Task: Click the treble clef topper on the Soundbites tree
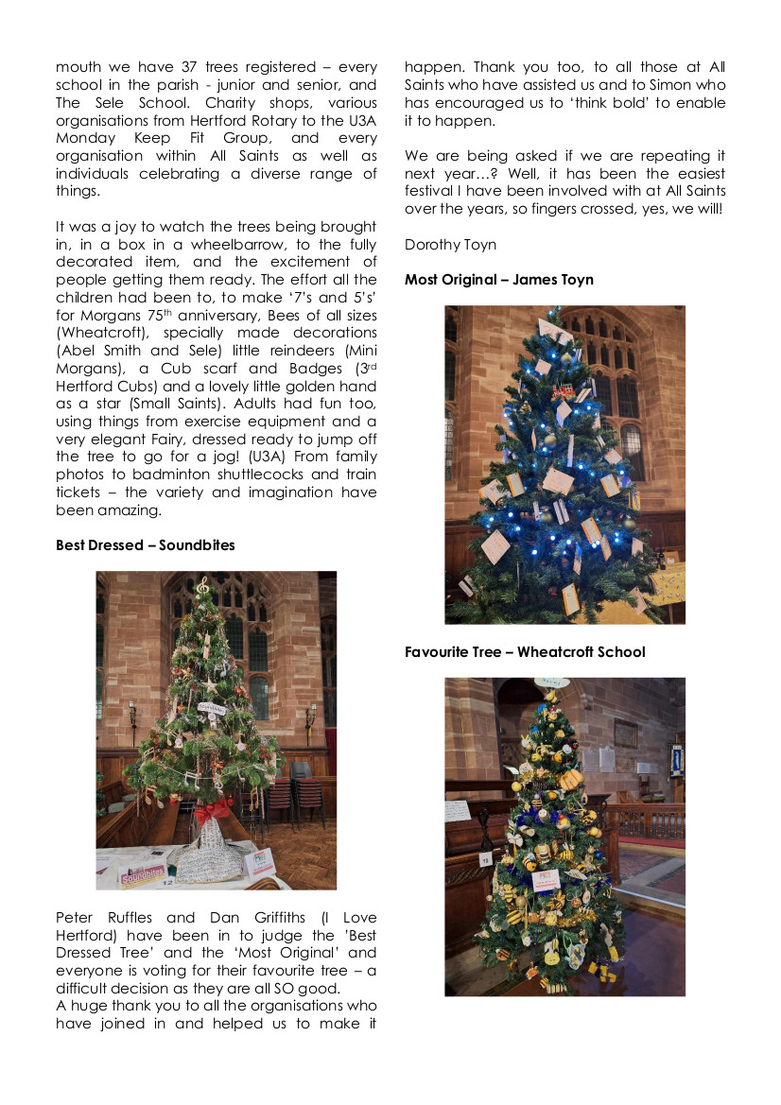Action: point(203,587)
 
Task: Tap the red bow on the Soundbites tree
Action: point(213,808)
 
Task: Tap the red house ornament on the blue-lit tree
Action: point(564,390)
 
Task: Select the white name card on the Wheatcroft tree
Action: point(547,878)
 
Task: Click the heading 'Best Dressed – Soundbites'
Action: point(146,545)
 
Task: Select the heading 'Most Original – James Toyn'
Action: point(499,280)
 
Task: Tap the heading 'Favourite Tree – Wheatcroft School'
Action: point(525,652)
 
